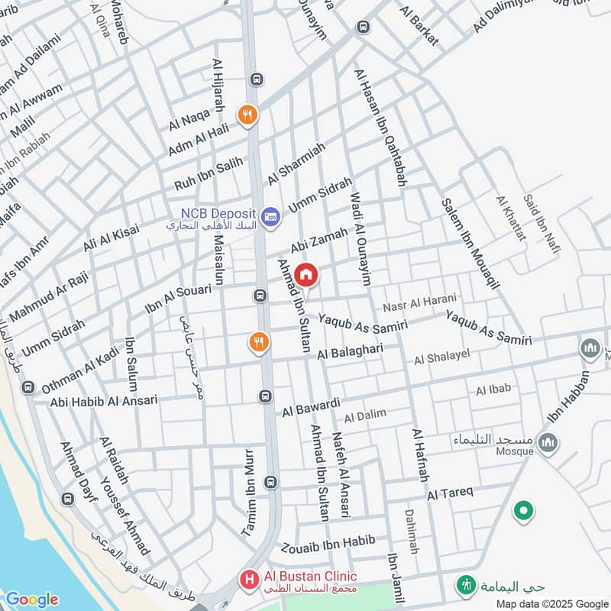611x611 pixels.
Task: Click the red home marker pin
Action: (305, 276)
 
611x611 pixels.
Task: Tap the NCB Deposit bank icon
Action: (270, 218)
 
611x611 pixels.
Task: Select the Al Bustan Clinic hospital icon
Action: (248, 580)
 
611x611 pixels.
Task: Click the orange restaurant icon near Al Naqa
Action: (247, 115)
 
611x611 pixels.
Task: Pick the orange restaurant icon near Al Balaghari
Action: (259, 343)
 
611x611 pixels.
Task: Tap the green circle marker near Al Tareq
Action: (523, 511)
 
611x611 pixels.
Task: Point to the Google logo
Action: (31, 600)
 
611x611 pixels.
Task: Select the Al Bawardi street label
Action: (311, 406)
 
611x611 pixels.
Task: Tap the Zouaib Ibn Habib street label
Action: (328, 544)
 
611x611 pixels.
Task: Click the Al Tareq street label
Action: (451, 493)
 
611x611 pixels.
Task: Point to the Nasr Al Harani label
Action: (419, 302)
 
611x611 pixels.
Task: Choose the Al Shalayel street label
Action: (442, 357)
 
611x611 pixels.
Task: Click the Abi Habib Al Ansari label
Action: (104, 400)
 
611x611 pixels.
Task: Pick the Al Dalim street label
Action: (365, 416)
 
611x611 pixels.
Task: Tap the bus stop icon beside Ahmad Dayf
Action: (67, 499)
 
